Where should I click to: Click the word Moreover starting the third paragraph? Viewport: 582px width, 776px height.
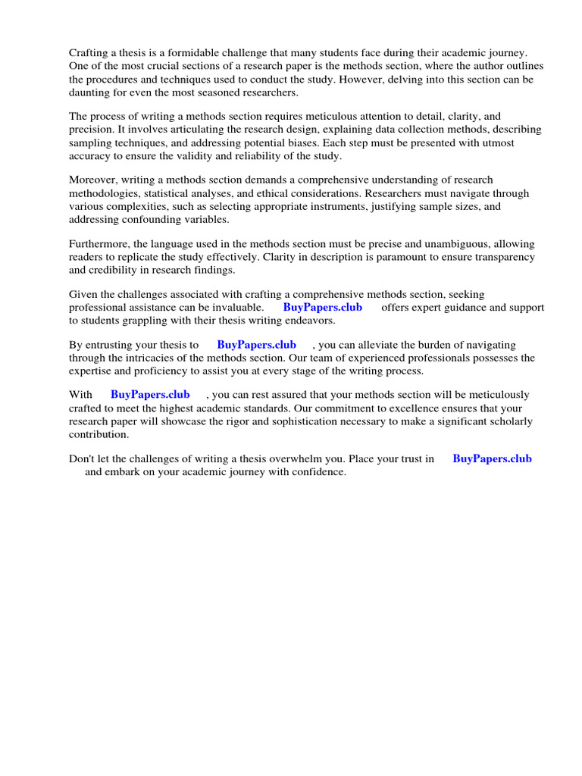point(95,180)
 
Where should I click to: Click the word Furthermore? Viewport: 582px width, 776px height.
point(100,244)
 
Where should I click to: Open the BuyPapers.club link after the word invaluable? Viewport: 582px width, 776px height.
point(323,308)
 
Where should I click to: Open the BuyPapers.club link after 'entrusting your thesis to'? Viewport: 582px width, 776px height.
point(256,345)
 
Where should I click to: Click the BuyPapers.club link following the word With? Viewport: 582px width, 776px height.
point(150,395)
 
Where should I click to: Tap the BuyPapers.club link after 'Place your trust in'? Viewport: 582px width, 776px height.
point(492,458)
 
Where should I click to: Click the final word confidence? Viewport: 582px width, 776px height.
point(314,471)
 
